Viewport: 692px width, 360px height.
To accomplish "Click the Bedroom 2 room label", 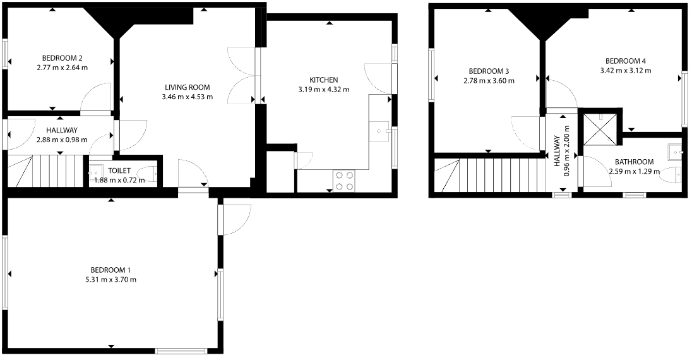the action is [x=63, y=58].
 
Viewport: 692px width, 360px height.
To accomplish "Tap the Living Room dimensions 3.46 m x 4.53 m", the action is [x=188, y=97].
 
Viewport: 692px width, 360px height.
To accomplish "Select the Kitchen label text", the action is [x=324, y=80].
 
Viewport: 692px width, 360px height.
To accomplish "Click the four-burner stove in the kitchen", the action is [x=344, y=181].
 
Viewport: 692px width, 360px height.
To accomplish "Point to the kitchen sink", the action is [x=379, y=131].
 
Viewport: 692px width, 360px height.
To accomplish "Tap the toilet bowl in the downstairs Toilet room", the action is [x=148, y=174].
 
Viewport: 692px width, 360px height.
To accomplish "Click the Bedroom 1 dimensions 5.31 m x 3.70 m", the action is [x=113, y=280].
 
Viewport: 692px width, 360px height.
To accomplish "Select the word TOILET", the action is [x=119, y=171].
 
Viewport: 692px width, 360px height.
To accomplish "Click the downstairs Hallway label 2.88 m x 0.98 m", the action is [x=62, y=140].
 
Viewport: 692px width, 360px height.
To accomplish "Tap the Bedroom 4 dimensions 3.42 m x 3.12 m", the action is [x=626, y=70].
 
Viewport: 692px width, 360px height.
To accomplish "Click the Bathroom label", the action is [x=634, y=162].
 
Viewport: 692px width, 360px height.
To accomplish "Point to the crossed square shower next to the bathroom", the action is [x=600, y=129].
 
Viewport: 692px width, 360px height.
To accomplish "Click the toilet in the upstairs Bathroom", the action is [x=671, y=175].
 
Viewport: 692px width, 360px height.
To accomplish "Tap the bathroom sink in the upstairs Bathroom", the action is [x=676, y=152].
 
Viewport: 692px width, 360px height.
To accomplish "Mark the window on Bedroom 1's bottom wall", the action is [x=181, y=351].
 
